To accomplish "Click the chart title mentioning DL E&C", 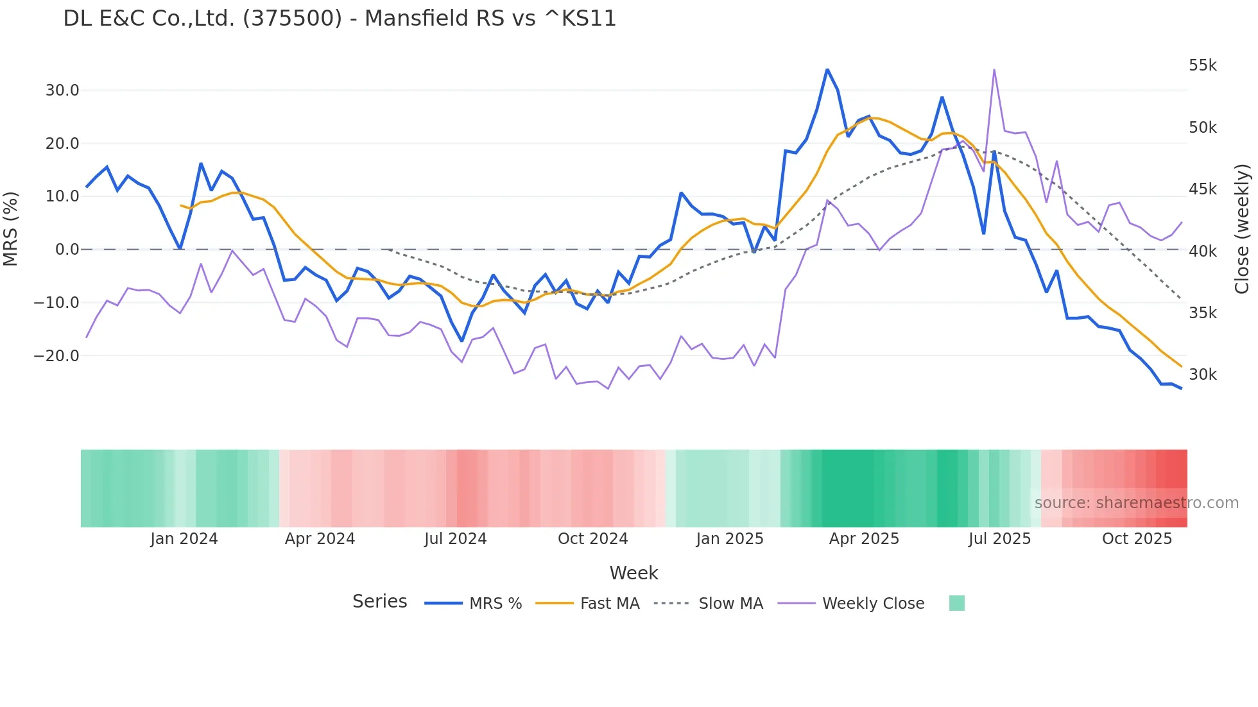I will [340, 19].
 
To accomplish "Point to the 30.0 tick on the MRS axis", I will [62, 90].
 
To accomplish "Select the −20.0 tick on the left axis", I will [57, 355].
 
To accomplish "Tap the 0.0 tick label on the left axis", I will [67, 250].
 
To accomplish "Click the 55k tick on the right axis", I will [1203, 65].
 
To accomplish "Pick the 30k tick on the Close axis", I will [1203, 375].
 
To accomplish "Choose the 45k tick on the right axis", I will [1203, 189].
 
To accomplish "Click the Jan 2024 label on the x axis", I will [184, 539].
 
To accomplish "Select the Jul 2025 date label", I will [999, 539].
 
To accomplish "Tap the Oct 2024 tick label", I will [592, 539].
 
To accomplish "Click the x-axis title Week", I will [633, 573].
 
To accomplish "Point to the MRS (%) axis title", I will [11, 228].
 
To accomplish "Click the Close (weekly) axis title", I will [1243, 228].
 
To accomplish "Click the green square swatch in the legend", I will [956, 603].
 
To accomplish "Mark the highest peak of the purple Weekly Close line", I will [994, 70].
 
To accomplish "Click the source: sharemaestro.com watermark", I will [1136, 503].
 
